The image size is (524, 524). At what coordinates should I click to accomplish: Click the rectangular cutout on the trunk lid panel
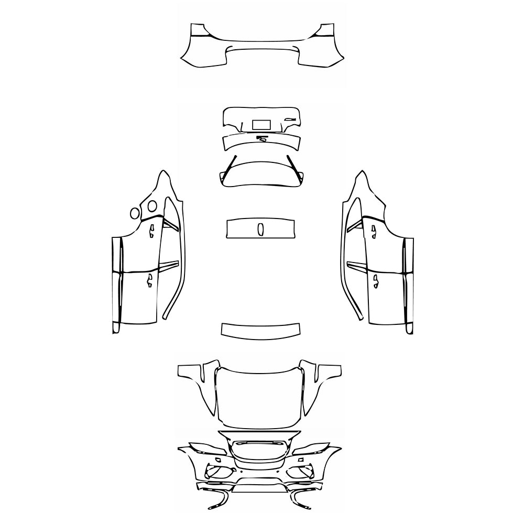(261, 125)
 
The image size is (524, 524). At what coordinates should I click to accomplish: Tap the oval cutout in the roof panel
(260, 229)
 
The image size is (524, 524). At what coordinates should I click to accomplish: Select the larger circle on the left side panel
(152, 206)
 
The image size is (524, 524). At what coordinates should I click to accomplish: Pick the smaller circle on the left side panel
(135, 213)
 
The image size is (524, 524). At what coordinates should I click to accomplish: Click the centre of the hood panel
(260, 396)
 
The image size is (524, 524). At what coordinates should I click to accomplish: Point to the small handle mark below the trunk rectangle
(261, 138)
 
